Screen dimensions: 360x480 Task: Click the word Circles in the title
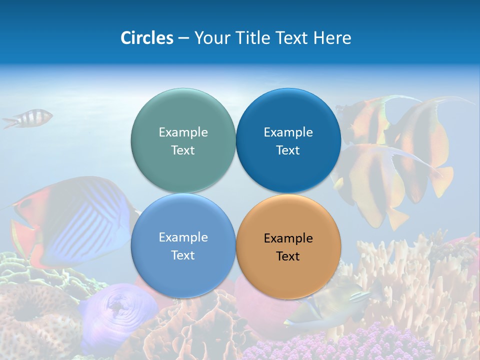click(x=146, y=38)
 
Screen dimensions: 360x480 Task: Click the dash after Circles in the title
click(x=183, y=38)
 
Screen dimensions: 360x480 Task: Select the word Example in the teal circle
click(x=183, y=132)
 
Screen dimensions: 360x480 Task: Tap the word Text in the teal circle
click(x=183, y=150)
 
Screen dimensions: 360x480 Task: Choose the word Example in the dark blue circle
click(x=288, y=132)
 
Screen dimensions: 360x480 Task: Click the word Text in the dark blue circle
click(x=288, y=150)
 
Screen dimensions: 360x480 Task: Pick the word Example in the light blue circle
click(x=183, y=237)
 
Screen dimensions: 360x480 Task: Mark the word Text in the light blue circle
click(x=183, y=255)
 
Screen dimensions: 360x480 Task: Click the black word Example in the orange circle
click(x=288, y=238)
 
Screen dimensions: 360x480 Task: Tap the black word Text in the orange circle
click(x=288, y=256)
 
